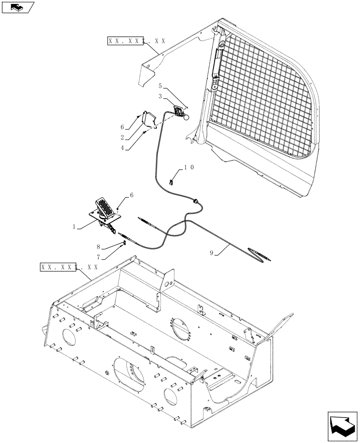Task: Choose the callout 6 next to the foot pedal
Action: [x=131, y=194]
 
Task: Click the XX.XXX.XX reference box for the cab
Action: [x=137, y=41]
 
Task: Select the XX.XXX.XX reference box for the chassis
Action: [x=69, y=267]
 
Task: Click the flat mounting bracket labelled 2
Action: [x=148, y=119]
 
